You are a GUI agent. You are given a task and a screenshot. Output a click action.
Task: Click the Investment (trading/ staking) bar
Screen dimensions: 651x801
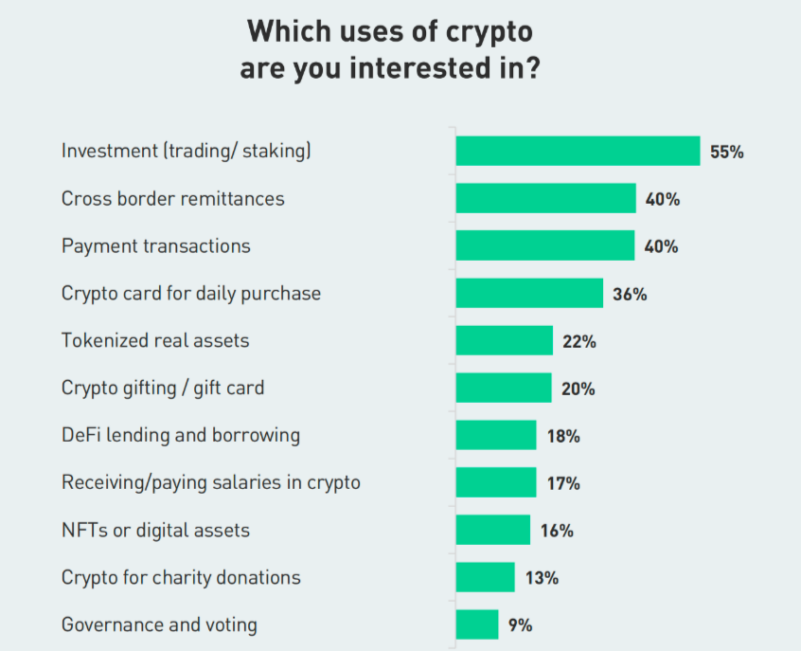578,151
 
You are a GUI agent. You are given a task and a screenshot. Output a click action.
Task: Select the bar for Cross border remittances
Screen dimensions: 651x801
545,198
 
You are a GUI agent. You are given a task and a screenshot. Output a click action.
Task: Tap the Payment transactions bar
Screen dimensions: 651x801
544,245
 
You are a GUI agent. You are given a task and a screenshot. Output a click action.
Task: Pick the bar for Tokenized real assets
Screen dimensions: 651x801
504,340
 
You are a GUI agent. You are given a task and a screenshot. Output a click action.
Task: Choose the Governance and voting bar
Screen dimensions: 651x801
476,624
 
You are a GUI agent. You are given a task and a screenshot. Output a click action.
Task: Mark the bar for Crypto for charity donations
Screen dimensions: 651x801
485,577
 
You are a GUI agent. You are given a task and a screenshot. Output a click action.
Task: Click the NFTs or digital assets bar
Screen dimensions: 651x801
492,530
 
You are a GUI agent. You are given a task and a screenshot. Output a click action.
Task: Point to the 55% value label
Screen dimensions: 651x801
726,152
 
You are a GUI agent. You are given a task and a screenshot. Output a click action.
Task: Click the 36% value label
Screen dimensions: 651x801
630,294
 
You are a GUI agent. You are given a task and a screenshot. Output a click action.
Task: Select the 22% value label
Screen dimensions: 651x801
578,341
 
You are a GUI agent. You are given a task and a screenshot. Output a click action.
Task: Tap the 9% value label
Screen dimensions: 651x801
521,625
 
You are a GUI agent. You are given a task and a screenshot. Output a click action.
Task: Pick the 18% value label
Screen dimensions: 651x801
563,436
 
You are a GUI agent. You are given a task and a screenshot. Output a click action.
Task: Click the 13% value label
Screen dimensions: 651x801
542,578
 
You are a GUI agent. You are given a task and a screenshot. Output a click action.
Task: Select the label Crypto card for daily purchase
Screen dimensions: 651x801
191,293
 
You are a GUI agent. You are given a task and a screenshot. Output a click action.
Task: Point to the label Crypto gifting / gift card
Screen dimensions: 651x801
163,388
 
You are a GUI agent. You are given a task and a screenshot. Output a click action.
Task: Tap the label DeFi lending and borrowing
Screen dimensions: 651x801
181,435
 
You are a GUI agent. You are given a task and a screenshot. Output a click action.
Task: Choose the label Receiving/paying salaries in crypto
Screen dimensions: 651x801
211,482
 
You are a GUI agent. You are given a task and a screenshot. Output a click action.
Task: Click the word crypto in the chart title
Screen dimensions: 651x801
489,31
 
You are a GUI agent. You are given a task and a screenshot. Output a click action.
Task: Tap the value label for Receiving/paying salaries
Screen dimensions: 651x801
563,483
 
